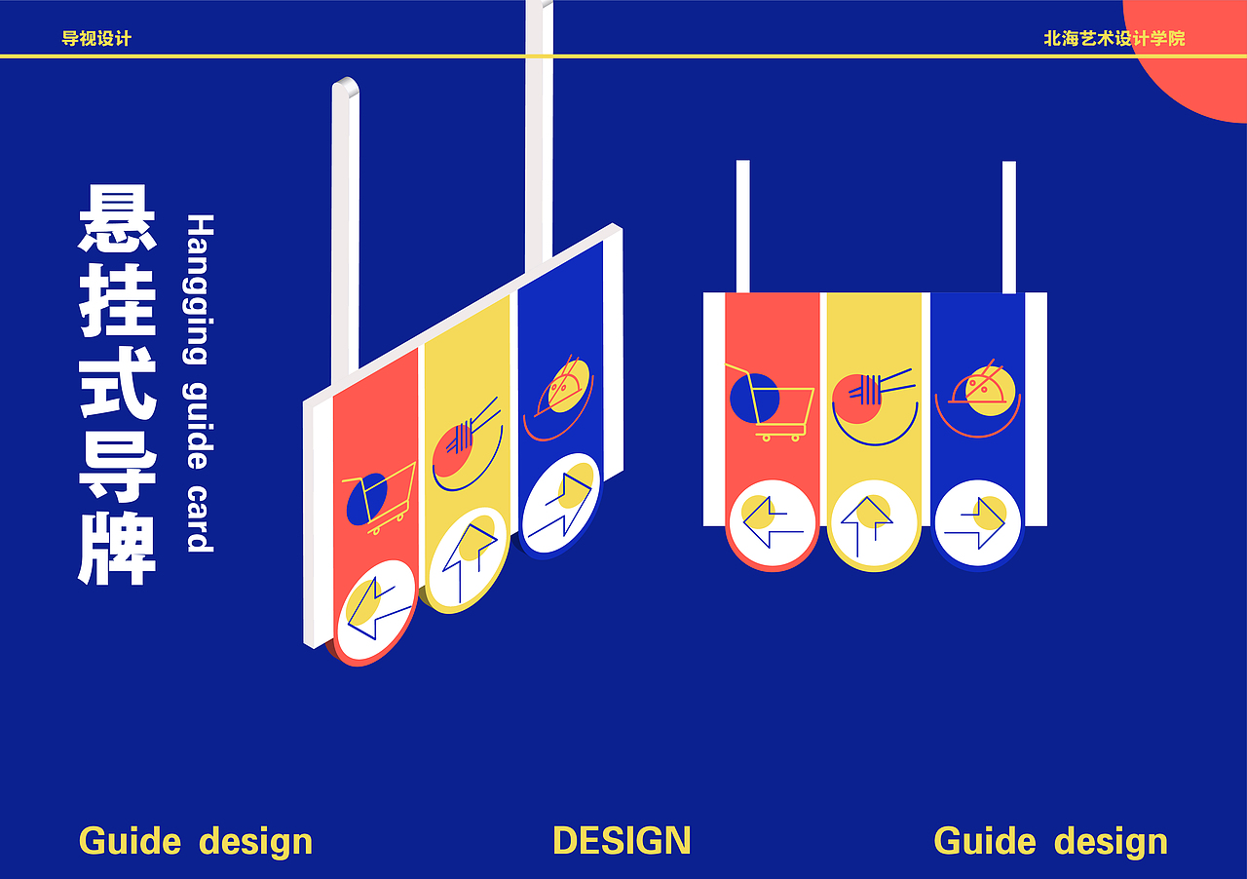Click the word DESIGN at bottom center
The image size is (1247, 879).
point(622,841)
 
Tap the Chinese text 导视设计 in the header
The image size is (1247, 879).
point(96,39)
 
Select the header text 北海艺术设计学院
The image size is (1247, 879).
point(1114,39)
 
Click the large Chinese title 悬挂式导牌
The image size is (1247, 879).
point(118,385)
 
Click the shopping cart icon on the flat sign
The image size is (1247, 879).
point(770,401)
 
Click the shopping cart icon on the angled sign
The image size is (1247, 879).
point(377,495)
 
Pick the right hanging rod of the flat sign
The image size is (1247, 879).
point(1008,226)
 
